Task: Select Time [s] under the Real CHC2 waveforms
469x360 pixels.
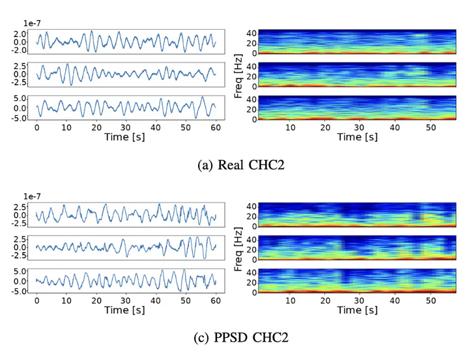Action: click(x=126, y=137)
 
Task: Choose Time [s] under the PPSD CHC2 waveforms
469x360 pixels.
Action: click(x=126, y=311)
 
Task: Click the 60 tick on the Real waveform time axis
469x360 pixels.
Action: click(x=216, y=128)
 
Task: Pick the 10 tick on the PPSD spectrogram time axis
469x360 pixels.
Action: click(x=290, y=301)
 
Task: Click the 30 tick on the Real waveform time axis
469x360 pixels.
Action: click(x=126, y=128)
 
